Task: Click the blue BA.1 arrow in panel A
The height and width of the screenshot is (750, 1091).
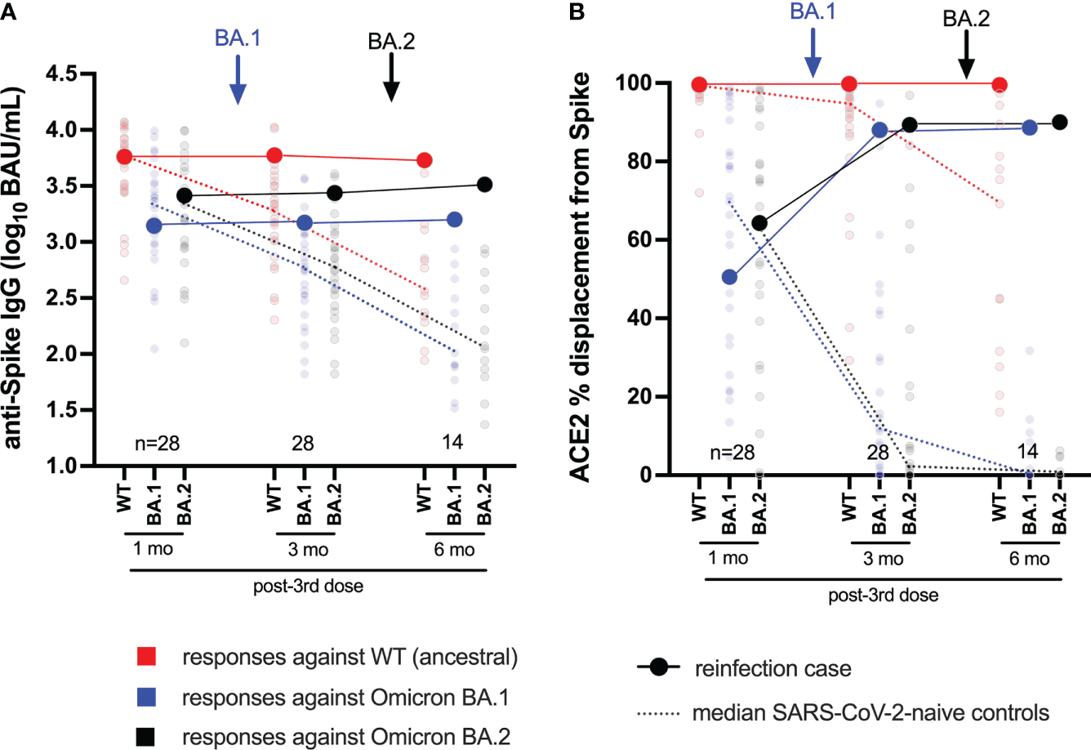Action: (237, 79)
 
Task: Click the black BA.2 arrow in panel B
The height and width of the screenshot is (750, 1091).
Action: (966, 55)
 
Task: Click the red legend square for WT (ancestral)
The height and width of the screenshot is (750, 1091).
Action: (148, 656)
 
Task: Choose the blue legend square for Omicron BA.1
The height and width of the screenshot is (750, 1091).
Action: (148, 697)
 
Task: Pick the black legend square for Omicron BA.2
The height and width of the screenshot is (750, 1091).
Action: (148, 737)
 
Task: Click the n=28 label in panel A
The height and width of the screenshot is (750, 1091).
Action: (157, 444)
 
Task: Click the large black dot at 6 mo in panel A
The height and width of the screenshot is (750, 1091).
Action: (484, 185)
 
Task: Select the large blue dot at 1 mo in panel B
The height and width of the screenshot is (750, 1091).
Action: (729, 277)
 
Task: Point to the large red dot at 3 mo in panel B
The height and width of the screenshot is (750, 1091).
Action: (849, 84)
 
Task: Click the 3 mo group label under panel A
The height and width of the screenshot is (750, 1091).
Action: (308, 550)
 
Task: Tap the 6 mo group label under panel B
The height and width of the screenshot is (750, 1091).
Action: (1029, 560)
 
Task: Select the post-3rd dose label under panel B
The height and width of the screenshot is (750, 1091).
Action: (883, 596)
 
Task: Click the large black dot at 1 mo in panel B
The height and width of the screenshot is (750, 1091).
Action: (759, 223)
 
